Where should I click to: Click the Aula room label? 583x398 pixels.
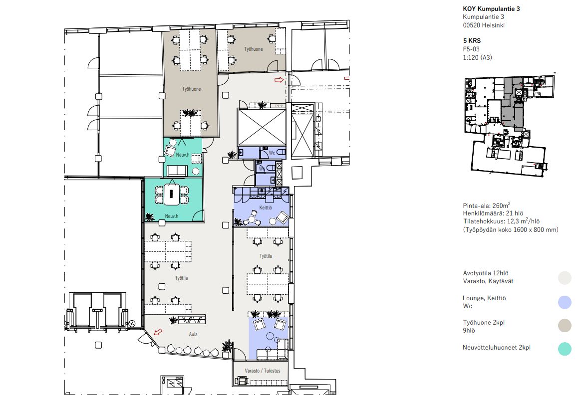click(193, 335)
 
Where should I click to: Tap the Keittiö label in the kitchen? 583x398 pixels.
click(266, 208)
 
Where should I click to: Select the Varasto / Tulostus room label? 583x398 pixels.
click(263, 371)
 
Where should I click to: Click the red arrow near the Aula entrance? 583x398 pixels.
click(158, 332)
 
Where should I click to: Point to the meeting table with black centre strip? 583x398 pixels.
click(171, 194)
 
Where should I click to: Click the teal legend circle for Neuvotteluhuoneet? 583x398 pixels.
click(565, 349)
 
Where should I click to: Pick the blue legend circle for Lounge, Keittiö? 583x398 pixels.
click(565, 302)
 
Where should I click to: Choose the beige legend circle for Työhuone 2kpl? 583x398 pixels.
click(565, 326)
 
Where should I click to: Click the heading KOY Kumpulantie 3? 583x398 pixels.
click(491, 9)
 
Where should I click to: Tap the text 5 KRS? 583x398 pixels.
click(472, 40)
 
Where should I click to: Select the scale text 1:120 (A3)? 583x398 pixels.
click(477, 57)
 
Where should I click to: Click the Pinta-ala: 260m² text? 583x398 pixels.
click(486, 205)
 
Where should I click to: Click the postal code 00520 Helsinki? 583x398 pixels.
click(484, 25)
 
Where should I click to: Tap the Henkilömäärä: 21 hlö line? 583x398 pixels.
click(493, 213)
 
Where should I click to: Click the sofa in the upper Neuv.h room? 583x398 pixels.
click(177, 171)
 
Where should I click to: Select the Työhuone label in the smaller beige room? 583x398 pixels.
click(253, 49)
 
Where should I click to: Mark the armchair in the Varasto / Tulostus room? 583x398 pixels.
click(242, 381)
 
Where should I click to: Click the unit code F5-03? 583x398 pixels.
click(471, 49)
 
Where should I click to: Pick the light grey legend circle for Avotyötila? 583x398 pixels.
click(565, 278)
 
